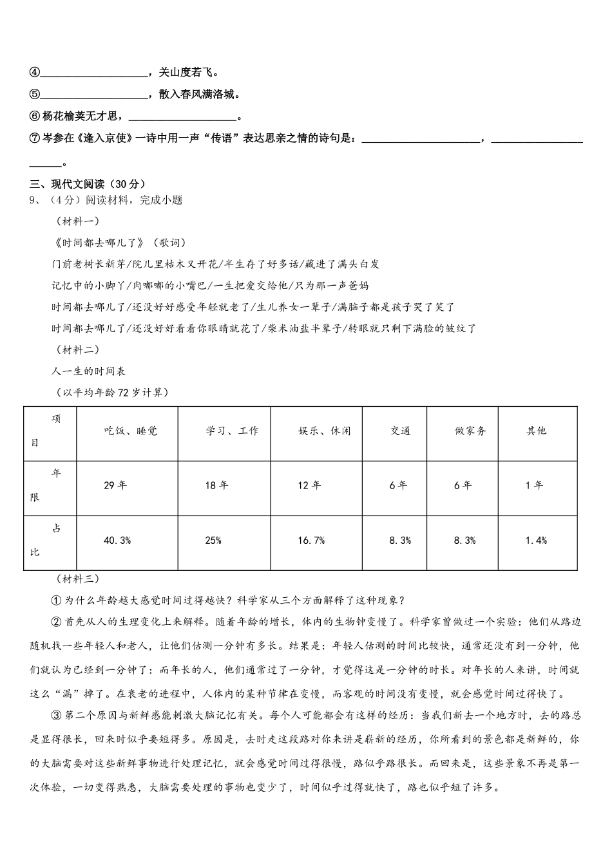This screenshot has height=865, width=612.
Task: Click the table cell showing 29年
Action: coord(115,485)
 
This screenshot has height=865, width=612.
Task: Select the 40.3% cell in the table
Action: coord(117,541)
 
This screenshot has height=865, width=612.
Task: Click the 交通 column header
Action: coord(400,431)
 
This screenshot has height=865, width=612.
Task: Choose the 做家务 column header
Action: coord(470,431)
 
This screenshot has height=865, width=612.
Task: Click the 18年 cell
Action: coord(216,485)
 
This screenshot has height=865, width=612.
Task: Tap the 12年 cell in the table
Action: coord(309,485)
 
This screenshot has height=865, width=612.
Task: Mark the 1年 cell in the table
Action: coord(534,485)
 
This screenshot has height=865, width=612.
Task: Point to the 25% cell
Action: coord(213,541)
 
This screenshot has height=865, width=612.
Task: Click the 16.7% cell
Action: coord(311,541)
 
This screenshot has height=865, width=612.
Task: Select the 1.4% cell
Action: coord(536,541)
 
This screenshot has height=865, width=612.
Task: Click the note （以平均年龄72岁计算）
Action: coord(113,392)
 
